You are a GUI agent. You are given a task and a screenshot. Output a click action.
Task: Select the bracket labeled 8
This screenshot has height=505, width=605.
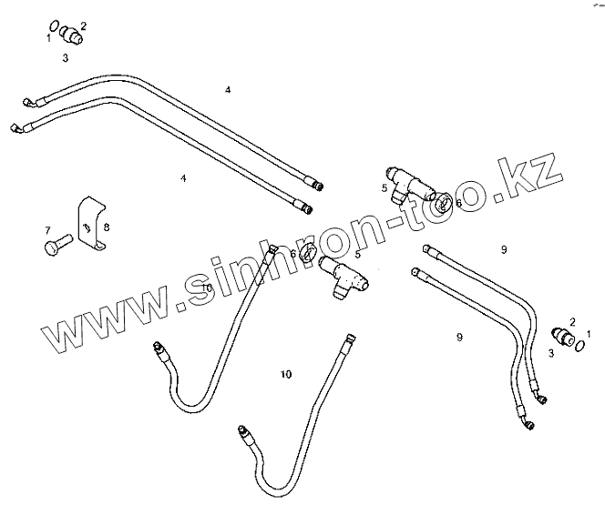[91, 223]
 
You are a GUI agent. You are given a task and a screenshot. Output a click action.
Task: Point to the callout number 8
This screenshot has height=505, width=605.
[107, 225]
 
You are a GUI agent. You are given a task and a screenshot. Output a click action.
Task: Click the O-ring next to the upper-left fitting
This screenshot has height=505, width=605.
[55, 27]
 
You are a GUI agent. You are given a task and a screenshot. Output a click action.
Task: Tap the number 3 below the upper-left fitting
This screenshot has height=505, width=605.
[66, 57]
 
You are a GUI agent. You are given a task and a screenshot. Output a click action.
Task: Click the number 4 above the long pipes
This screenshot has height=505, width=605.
[228, 89]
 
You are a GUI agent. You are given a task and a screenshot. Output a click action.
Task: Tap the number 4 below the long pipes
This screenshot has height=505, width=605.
[183, 178]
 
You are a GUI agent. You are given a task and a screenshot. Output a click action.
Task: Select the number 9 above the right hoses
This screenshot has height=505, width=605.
[502, 248]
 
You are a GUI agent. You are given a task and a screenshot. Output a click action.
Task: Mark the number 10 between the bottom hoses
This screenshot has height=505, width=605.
[287, 374]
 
